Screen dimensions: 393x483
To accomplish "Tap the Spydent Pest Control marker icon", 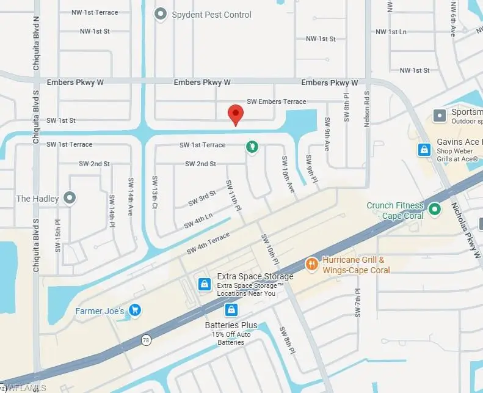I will pos(161,13).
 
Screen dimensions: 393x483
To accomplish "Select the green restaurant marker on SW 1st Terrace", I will pos(251,147).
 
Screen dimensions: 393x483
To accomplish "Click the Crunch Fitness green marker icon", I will pos(435,210).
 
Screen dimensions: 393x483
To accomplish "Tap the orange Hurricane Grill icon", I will pos(311,265).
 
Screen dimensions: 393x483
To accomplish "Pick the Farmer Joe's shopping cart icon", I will pos(136,311).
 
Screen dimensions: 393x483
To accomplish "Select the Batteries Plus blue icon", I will pos(231,309).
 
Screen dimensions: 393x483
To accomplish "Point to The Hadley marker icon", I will pos(70,197).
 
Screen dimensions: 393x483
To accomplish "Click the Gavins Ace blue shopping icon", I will pos(424,149).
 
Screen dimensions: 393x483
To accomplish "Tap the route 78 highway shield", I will pos(147,340).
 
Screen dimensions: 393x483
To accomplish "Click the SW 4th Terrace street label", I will pos(208,242).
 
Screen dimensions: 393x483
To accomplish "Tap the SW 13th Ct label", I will pos(154,197).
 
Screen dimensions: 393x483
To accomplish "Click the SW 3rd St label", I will pos(203,198).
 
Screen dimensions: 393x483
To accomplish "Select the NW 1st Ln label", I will pos(391,32).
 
